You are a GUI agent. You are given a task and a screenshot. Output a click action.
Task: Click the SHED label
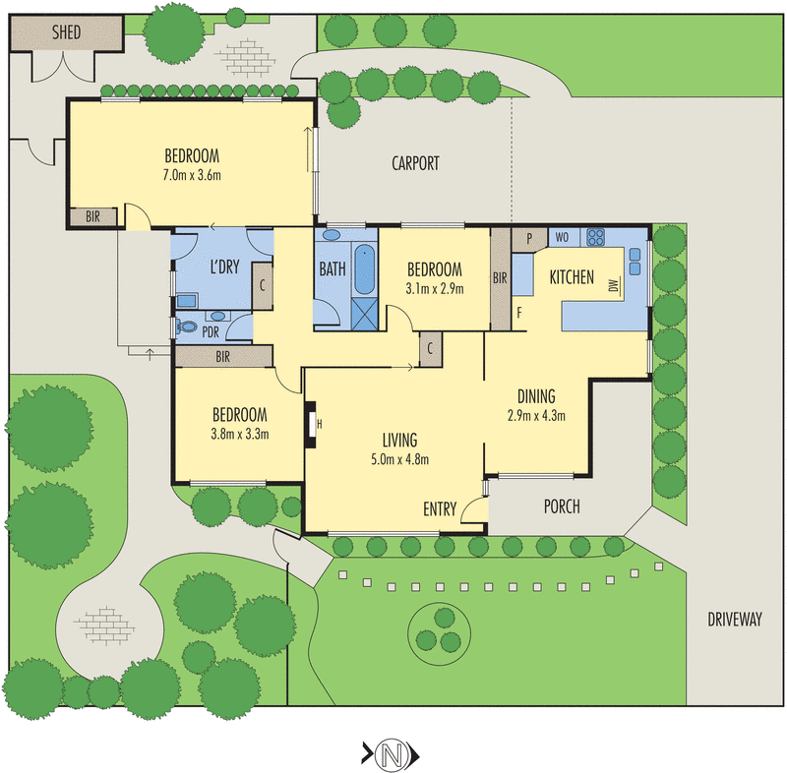point(66,31)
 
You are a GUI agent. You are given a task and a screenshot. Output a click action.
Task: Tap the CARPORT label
point(415,164)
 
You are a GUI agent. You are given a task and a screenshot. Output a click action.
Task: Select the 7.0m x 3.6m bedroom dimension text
point(192,176)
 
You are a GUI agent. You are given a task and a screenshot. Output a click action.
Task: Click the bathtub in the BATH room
point(365,268)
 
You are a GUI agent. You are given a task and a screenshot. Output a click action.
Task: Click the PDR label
point(211,331)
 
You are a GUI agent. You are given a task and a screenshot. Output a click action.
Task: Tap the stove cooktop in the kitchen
point(596,236)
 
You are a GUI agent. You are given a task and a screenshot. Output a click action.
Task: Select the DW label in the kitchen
point(613,286)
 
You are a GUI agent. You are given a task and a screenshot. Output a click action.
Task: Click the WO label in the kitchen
point(564,237)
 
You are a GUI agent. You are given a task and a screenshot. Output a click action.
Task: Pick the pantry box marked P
point(530,237)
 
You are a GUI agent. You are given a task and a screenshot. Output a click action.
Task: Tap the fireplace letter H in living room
point(320,425)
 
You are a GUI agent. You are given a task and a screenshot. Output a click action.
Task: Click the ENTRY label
point(439,508)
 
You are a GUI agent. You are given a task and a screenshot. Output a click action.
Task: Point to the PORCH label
point(562,507)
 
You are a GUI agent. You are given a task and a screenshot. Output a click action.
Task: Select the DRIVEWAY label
point(734,619)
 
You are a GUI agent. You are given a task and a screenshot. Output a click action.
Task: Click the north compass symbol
point(392,754)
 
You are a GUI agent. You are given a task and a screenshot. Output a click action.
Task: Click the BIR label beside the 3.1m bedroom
point(500,277)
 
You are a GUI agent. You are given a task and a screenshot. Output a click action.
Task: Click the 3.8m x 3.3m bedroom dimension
point(240,434)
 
